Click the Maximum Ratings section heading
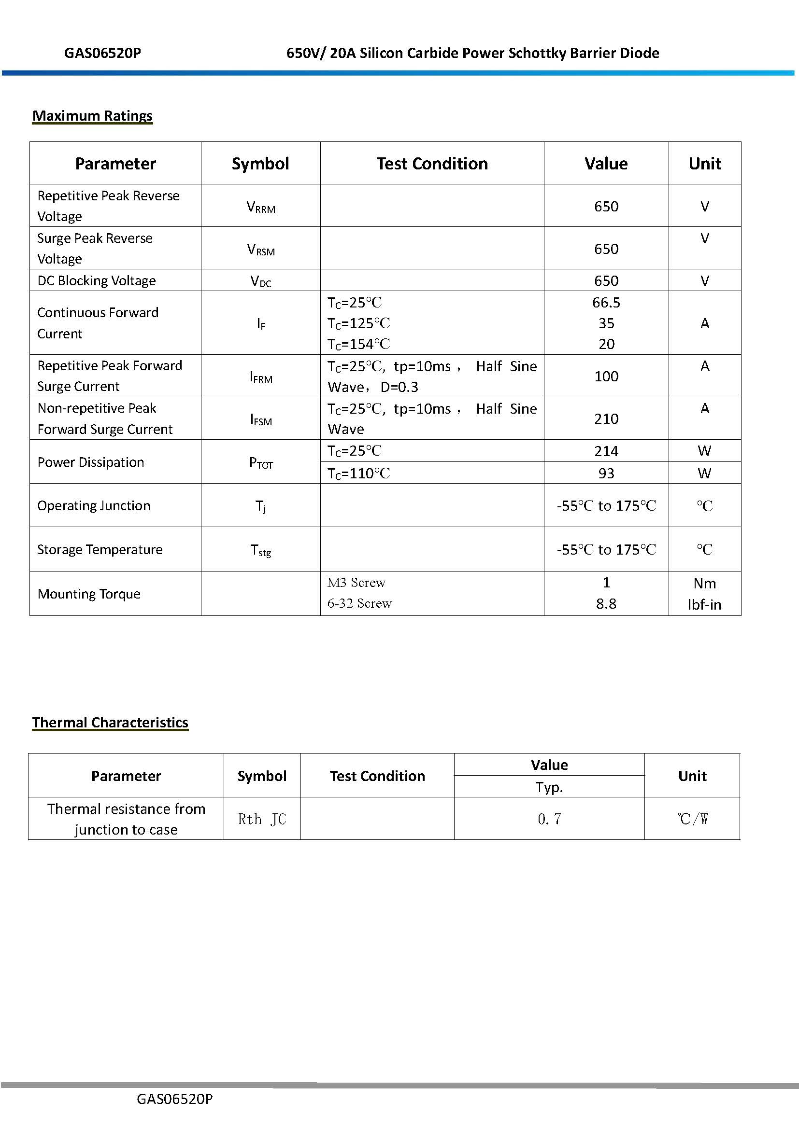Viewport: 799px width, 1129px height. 92,116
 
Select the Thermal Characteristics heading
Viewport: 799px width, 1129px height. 110,723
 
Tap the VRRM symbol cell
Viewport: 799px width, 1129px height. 261,207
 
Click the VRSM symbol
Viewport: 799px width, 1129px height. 261,250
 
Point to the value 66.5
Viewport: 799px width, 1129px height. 606,303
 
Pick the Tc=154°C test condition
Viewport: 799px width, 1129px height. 358,344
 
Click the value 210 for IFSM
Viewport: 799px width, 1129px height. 606,419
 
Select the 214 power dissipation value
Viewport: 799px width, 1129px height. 606,451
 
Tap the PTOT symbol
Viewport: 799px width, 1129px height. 261,463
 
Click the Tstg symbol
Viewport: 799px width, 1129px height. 261,550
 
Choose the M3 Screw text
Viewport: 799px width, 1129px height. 356,583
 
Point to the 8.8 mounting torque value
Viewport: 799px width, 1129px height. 606,604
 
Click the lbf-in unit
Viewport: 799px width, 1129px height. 704,605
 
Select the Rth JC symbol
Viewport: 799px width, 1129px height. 262,819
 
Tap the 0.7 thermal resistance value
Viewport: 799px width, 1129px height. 549,819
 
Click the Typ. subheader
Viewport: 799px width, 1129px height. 549,787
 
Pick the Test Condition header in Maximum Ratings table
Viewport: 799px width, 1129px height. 432,164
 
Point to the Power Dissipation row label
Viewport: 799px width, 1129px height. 91,462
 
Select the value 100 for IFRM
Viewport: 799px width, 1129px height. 606,376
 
